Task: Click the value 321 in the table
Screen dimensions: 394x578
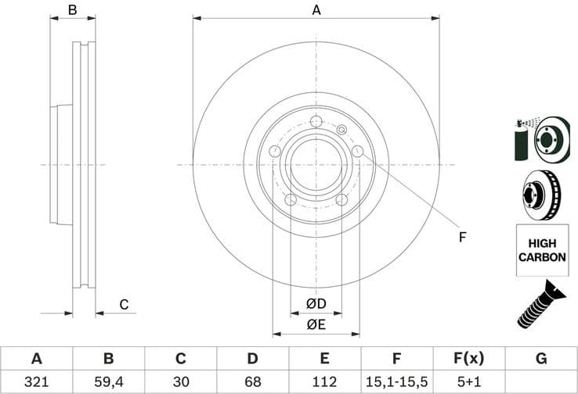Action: point(36,381)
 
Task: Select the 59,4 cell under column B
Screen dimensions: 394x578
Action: point(108,381)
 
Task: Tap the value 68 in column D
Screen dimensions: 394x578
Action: point(252,381)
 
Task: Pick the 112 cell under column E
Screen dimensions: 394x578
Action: point(324,381)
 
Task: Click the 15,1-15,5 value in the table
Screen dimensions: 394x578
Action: point(396,381)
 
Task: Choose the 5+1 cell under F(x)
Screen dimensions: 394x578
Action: point(468,381)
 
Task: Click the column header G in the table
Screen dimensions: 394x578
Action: point(540,359)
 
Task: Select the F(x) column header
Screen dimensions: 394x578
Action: point(468,359)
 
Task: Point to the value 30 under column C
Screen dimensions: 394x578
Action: point(180,381)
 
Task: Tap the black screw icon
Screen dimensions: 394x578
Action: point(540,303)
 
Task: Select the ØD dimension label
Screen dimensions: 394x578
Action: point(316,303)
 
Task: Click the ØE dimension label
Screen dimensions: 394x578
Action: point(316,323)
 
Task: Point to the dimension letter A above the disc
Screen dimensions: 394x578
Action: point(316,10)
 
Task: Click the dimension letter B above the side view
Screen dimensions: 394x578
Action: point(72,10)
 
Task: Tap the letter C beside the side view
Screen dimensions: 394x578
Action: point(123,304)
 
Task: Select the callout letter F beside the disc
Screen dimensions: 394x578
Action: point(462,237)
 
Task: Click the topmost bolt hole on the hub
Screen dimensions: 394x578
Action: point(316,121)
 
